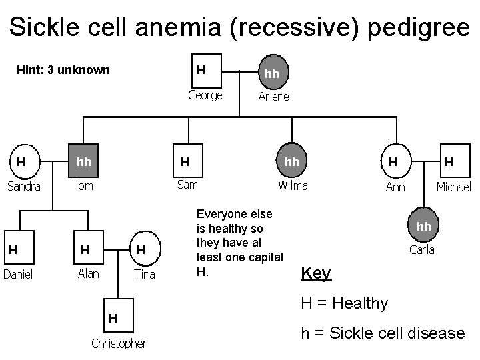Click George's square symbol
pos(205,70)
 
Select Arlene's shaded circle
pos(273,73)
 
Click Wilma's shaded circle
pos(292,161)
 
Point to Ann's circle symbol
pos(395,161)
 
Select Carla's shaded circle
pos(425,227)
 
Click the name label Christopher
pos(119,343)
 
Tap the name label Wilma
pos(293,185)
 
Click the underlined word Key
pos(316,273)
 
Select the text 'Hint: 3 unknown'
pos(63,70)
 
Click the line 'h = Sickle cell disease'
pos(383,333)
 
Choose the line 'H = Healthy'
pos(344,303)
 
